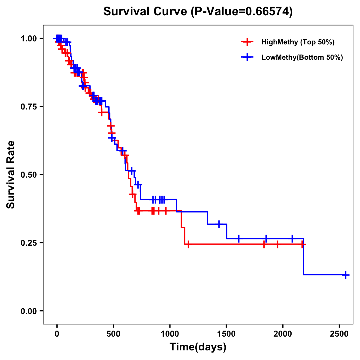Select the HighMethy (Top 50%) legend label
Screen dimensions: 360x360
click(x=298, y=42)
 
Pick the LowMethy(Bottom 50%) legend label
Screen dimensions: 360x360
click(x=302, y=57)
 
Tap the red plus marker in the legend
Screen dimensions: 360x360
click(x=247, y=42)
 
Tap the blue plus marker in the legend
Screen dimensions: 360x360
click(x=247, y=57)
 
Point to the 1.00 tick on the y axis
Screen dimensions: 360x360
click(x=28, y=38)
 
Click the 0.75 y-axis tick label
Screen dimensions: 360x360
click(x=28, y=106)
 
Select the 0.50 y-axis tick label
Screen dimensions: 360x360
click(x=28, y=175)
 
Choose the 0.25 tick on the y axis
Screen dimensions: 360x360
click(x=28, y=243)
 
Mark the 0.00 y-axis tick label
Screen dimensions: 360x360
click(x=28, y=311)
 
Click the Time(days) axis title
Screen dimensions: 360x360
click(x=198, y=347)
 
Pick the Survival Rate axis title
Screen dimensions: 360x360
click(x=11, y=175)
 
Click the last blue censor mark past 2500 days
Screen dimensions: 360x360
click(x=346, y=274)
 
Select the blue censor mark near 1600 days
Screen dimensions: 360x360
click(x=239, y=238)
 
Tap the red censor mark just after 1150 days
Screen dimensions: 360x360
click(x=188, y=244)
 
